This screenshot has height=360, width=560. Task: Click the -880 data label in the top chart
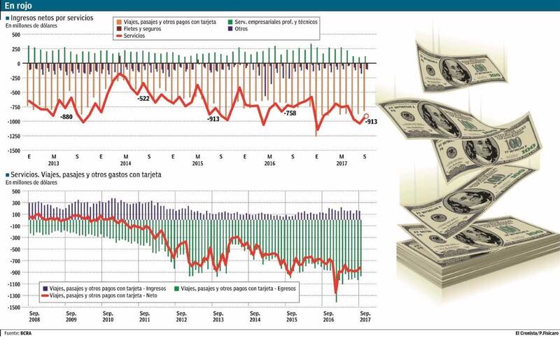point(67,116)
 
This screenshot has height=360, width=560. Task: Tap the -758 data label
point(288,113)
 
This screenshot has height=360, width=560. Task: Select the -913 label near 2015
point(214,119)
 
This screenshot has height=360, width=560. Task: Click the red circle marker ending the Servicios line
point(365,117)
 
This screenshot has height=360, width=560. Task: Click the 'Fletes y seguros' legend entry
point(139,29)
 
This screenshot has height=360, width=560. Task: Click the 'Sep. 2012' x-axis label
point(181,314)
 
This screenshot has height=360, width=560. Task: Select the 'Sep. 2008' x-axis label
point(34,314)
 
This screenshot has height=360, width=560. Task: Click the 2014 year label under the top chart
point(125,163)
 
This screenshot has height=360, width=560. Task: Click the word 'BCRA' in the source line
point(26,333)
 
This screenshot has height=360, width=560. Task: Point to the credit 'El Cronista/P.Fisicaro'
point(528,333)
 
